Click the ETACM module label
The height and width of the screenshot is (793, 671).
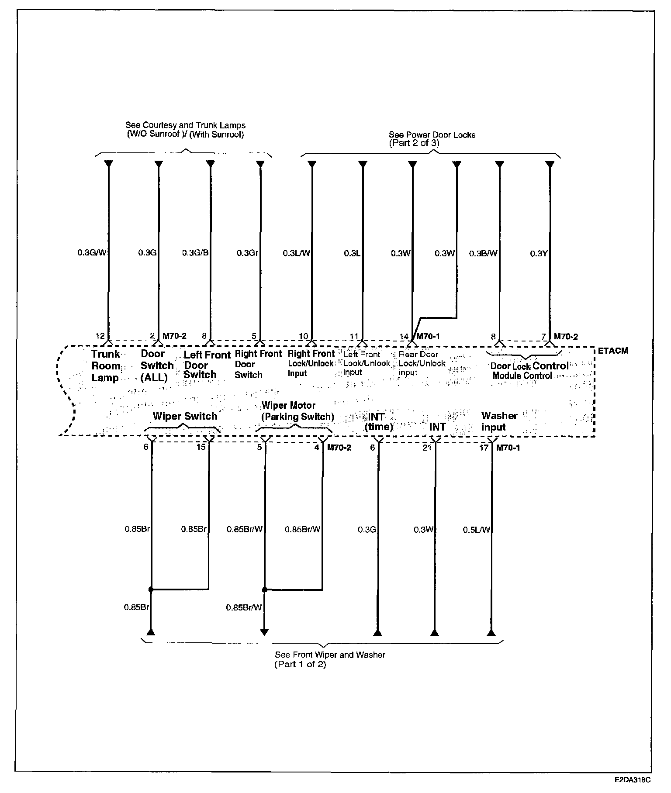[x=612, y=351]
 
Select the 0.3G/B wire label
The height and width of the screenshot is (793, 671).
[x=195, y=252]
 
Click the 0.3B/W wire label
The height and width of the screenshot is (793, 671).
[x=483, y=253]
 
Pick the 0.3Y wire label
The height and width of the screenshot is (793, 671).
[x=539, y=253]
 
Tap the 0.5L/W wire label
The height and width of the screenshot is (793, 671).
[x=477, y=530]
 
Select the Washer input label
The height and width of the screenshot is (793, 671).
[x=499, y=421]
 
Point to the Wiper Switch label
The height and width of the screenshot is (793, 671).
[x=185, y=416]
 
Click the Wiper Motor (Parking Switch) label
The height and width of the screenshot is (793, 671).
[x=297, y=411]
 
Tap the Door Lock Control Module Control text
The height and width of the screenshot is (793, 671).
[x=529, y=371]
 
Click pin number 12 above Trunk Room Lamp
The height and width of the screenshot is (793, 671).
[x=100, y=336]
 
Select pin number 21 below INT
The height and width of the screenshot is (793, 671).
[x=427, y=448]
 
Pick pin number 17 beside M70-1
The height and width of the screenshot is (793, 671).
[x=484, y=448]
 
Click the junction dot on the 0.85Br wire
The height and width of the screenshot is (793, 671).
[x=151, y=590]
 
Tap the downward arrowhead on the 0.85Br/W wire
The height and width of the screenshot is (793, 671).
[x=264, y=632]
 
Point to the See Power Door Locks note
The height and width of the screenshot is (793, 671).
[x=432, y=139]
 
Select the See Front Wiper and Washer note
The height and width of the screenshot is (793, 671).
[x=330, y=660]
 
